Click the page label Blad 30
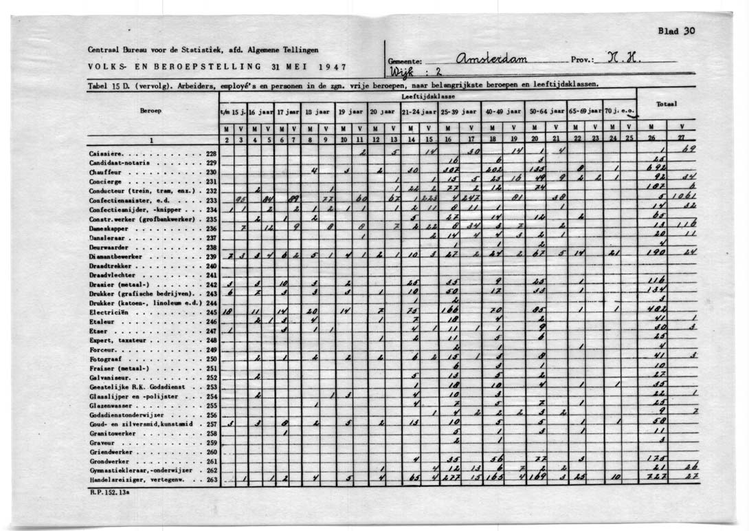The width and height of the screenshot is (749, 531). (x=676, y=31)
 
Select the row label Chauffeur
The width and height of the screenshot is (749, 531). (x=105, y=172)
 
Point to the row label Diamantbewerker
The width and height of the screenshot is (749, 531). (x=115, y=256)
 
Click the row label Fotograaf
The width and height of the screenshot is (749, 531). (x=105, y=358)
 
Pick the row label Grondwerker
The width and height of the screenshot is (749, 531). (x=108, y=461)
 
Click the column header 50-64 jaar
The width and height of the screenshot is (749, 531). (x=546, y=111)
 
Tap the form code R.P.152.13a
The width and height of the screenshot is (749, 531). (x=109, y=492)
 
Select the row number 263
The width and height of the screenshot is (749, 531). (x=212, y=479)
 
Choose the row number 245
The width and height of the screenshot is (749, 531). (x=212, y=312)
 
